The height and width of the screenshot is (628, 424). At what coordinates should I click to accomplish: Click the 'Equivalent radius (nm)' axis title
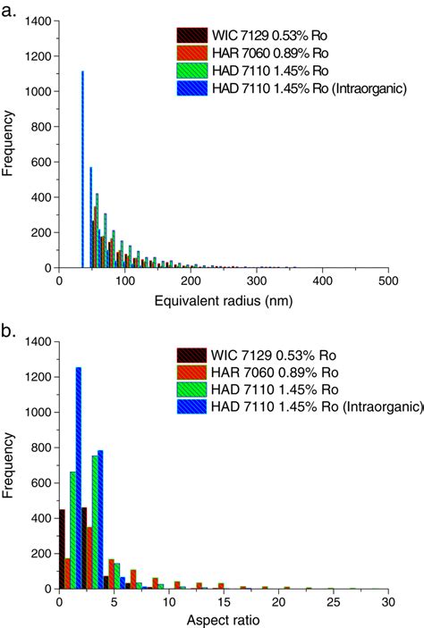click(x=223, y=303)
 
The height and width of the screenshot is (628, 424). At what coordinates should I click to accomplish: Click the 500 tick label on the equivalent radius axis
click(x=388, y=281)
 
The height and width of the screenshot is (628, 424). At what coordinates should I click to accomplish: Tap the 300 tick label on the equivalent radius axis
click(x=257, y=281)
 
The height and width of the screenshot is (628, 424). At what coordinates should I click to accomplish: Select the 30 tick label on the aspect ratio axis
click(x=388, y=602)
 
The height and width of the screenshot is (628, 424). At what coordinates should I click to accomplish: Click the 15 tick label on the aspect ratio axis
click(x=224, y=602)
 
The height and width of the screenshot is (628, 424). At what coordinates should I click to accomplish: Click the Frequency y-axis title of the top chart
click(x=9, y=144)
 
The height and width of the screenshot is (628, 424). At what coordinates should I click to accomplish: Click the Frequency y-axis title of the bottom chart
click(x=9, y=465)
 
